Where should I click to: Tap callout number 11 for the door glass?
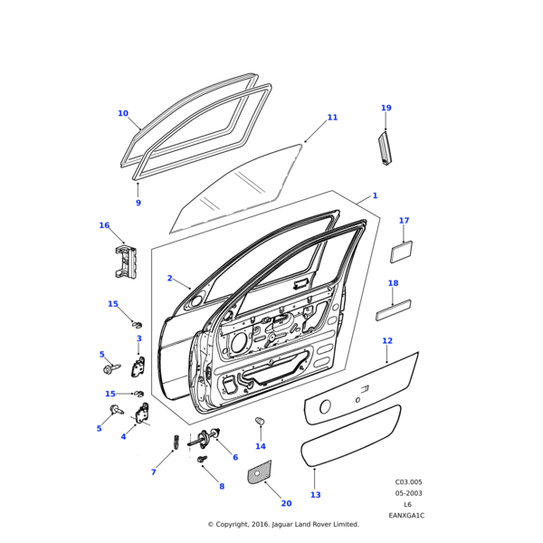point(332,118)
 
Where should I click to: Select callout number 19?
point(386,108)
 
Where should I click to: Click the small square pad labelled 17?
point(401,251)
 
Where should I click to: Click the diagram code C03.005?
point(408,482)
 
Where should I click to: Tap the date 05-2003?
point(408,493)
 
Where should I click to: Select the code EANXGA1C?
point(406,515)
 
